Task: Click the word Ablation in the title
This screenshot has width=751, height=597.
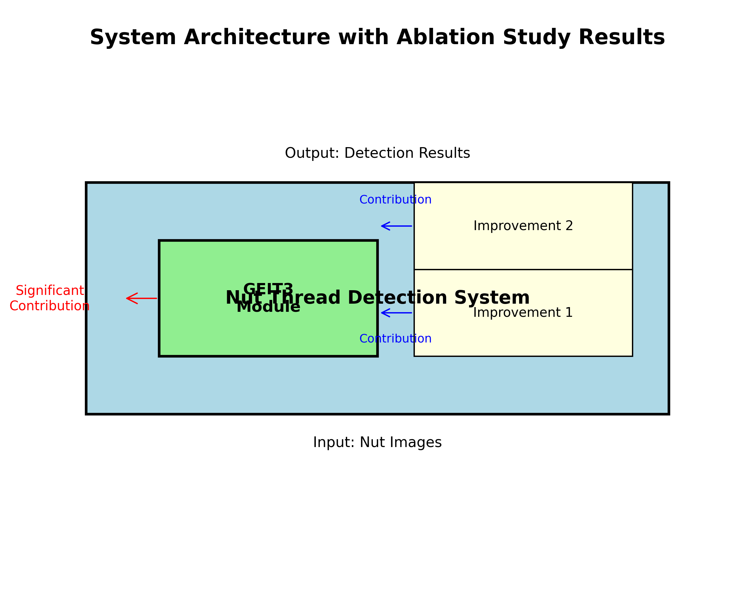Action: click(x=446, y=38)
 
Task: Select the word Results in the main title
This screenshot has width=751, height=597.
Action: click(x=621, y=38)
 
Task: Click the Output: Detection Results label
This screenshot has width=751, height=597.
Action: click(x=377, y=153)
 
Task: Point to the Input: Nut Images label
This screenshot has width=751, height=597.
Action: click(x=377, y=442)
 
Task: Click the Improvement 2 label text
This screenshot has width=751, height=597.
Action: click(x=523, y=226)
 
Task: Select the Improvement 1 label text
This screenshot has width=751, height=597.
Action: click(x=523, y=313)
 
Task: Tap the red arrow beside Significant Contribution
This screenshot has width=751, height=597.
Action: click(x=141, y=298)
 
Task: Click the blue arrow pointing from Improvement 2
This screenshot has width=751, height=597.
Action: click(x=396, y=226)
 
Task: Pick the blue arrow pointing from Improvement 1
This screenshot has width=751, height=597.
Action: click(x=396, y=313)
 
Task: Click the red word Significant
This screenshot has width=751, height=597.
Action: click(x=50, y=291)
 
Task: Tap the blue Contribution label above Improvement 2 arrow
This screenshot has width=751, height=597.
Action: click(x=395, y=200)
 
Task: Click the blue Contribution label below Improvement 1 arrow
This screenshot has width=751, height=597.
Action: click(x=395, y=339)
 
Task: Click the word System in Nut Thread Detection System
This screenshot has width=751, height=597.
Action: click(x=492, y=298)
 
